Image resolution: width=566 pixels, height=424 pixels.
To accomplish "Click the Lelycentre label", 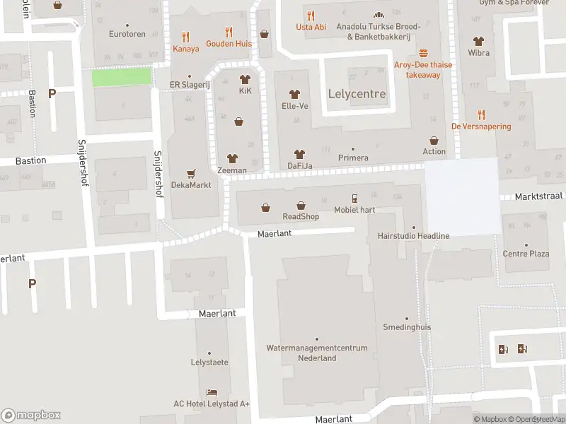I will (357, 94).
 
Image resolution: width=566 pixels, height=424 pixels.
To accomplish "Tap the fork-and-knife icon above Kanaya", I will (186, 37).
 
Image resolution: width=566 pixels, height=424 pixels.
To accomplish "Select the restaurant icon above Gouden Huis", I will (229, 32).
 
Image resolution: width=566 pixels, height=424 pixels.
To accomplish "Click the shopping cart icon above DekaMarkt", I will (191, 173).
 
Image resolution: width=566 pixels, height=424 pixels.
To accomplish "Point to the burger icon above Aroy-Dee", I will (423, 53).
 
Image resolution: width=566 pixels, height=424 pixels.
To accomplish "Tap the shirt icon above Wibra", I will (478, 41).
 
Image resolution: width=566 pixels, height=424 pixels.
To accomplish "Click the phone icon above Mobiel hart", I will (355, 199).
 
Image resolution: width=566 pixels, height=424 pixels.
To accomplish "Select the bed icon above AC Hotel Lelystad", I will (212, 392).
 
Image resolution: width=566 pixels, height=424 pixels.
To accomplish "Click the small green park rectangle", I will (122, 76).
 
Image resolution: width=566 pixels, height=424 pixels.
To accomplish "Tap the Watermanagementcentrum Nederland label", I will (316, 353).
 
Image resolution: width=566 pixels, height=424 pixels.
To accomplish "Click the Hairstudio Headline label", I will (413, 235).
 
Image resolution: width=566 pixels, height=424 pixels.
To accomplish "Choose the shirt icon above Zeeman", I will (232, 159).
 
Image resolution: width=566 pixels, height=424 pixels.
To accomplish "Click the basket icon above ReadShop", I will (301, 206).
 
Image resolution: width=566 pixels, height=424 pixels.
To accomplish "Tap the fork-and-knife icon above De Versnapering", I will (481, 114).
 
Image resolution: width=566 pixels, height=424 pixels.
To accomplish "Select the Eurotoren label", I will (127, 33).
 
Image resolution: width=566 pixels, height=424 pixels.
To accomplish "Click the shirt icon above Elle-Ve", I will (295, 95).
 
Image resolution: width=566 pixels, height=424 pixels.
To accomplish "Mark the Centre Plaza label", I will (526, 254).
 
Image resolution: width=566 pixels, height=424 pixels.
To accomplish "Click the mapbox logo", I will (30, 416).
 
